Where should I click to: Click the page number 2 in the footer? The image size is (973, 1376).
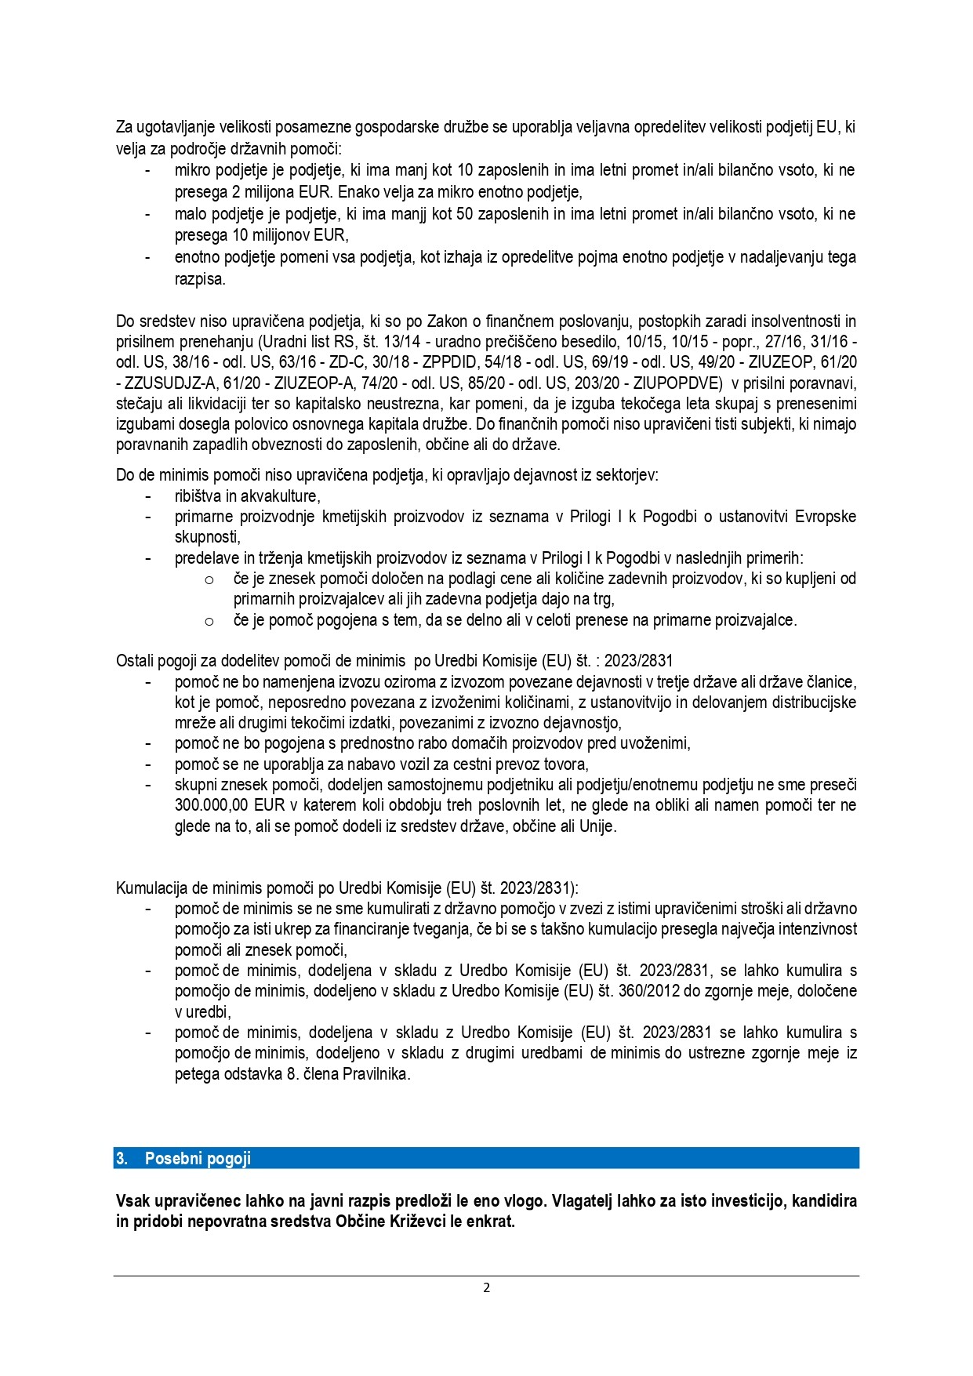click(486, 1287)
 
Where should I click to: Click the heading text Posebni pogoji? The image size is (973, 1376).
click(198, 1158)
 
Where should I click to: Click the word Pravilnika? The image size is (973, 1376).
click(376, 1074)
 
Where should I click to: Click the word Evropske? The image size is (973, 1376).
click(826, 517)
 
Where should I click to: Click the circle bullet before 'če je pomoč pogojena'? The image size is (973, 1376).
click(209, 621)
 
